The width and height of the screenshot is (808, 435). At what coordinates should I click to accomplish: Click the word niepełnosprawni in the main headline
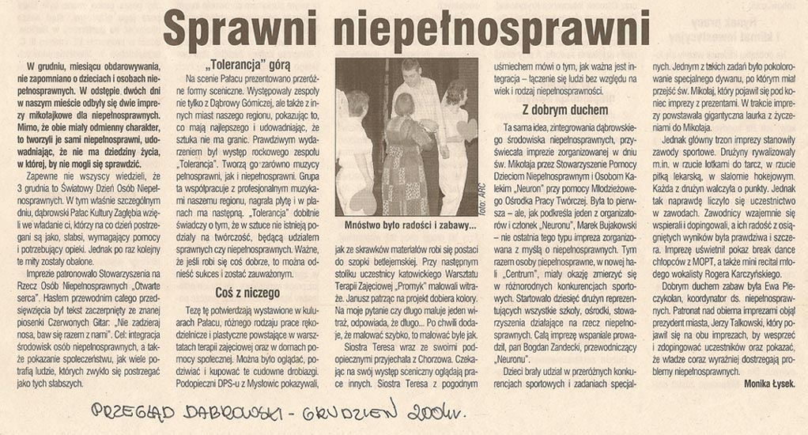coord(489,31)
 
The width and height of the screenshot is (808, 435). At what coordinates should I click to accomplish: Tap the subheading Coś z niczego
coord(247,293)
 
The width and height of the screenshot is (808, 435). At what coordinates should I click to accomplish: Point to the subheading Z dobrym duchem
coord(565,110)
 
